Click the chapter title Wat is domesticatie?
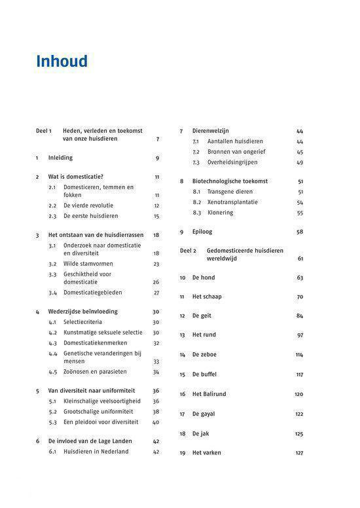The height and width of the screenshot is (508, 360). coord(76,177)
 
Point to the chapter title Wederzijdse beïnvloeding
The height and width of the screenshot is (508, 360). coord(83,312)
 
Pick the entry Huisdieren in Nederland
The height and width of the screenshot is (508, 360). coord(96,452)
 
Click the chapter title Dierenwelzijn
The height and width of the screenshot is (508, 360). coord(210,131)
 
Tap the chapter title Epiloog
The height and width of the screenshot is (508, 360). coord(202,232)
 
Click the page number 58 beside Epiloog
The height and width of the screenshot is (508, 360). coord(300,232)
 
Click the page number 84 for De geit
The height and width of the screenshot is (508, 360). coord(300,316)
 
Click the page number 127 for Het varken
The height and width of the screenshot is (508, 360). coord(299,453)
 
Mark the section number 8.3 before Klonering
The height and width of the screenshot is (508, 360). coord(196,213)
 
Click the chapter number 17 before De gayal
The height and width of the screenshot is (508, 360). coord(183,414)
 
